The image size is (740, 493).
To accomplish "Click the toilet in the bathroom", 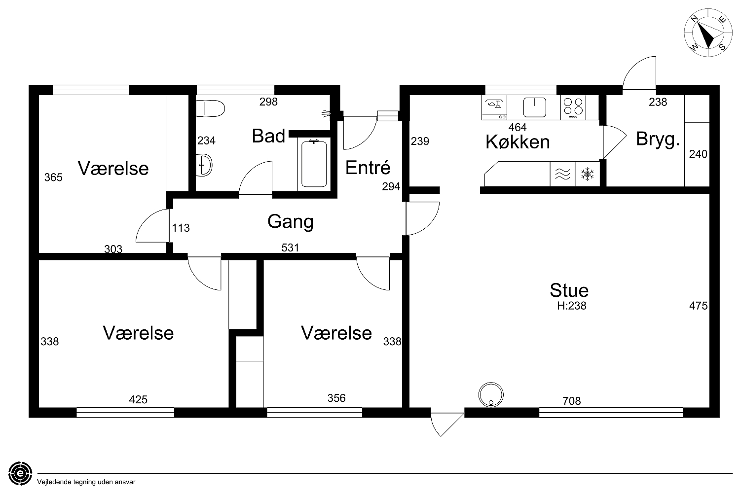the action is [x=210, y=108].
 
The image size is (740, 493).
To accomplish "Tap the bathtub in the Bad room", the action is [x=314, y=164].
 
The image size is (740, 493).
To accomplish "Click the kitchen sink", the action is [x=534, y=107].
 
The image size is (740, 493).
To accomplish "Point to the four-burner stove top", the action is [x=573, y=107].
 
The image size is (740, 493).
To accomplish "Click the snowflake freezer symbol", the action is [x=588, y=174].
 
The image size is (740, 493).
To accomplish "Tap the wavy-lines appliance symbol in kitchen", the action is [x=562, y=174].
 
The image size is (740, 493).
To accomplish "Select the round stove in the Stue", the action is [x=491, y=394].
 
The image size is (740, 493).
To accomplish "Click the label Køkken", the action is [x=518, y=142].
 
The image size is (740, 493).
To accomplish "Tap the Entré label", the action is [x=368, y=168].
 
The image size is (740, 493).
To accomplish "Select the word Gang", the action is [x=291, y=221].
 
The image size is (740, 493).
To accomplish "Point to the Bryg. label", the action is [x=658, y=139].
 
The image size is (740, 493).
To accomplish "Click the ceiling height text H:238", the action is [x=571, y=306].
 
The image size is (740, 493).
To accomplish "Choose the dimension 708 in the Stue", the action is [x=571, y=401].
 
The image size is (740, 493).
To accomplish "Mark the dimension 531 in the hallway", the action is [x=290, y=247].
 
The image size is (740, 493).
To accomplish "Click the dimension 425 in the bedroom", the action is [x=138, y=400].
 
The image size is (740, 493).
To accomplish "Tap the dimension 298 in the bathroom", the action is [x=268, y=102].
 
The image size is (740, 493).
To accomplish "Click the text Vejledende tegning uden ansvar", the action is [x=86, y=482].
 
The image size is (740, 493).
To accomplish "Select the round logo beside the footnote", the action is [x=21, y=474].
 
